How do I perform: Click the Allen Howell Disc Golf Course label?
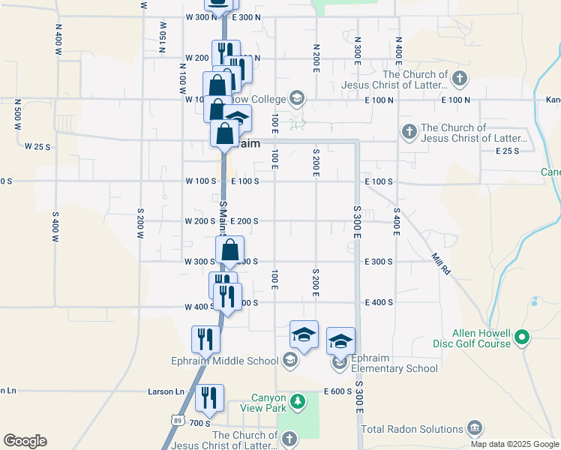tap(481, 338)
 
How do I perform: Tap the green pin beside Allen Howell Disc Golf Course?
tap(523, 338)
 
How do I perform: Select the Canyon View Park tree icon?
tap(298, 402)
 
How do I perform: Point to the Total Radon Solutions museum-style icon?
tap(474, 429)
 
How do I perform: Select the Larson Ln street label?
tap(166, 391)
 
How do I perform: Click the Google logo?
tap(25, 441)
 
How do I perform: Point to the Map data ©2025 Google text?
tap(514, 444)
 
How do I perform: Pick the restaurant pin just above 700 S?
tap(210, 397)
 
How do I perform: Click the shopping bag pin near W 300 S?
tap(230, 250)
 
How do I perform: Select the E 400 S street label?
tap(379, 302)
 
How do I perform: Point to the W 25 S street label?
tap(37, 146)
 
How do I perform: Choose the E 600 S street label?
tap(338, 391)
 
